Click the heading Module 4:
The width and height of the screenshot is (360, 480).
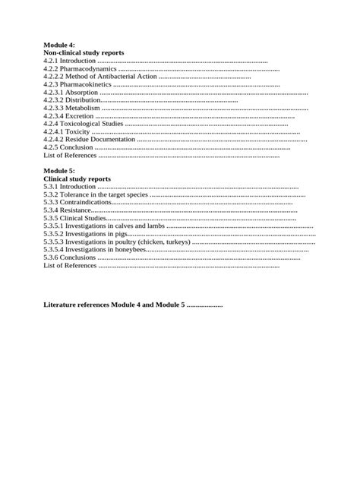coord(59,46)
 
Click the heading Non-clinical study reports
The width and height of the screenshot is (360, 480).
coord(84,53)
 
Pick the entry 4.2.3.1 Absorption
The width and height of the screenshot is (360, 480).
coord(71,93)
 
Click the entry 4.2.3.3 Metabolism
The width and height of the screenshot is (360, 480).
coord(72,109)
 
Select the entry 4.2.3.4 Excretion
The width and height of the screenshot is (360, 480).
coord(69,116)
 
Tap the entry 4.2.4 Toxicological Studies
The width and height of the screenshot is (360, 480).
coord(84,124)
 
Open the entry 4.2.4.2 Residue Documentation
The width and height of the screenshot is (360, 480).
coord(90,140)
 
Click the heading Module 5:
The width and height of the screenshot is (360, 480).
coord(59,171)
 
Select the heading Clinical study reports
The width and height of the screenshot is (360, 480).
coord(77,178)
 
